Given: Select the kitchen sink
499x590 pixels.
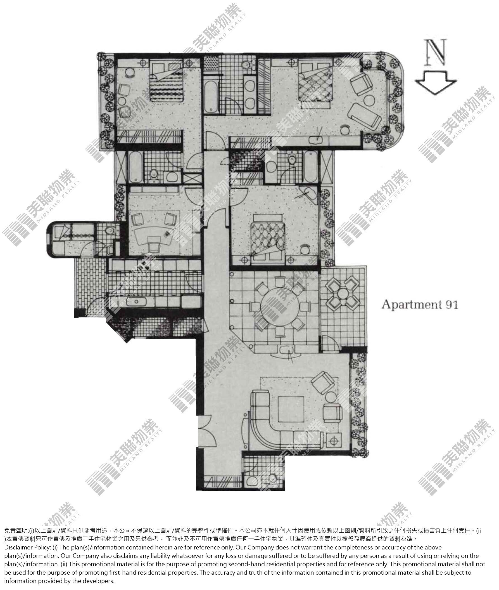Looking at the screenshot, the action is (x=136, y=302).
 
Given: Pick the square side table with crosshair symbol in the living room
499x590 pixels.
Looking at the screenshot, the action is (x=335, y=440).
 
